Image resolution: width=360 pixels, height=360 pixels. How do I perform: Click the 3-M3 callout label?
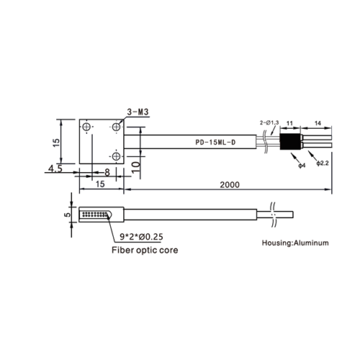138,112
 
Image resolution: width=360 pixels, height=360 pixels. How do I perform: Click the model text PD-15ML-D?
215,143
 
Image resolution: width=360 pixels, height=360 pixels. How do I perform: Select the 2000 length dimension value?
230,185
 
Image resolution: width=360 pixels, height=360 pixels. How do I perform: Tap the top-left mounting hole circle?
86,127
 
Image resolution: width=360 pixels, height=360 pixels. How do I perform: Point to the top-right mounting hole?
117,127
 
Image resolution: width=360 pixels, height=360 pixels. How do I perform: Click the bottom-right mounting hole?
117,156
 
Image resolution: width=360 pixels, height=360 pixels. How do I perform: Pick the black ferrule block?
290,142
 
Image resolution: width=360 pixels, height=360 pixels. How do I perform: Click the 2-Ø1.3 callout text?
269,123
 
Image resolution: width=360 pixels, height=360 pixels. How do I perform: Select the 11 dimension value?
289,123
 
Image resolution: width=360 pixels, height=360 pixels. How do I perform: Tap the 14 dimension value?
318,123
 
